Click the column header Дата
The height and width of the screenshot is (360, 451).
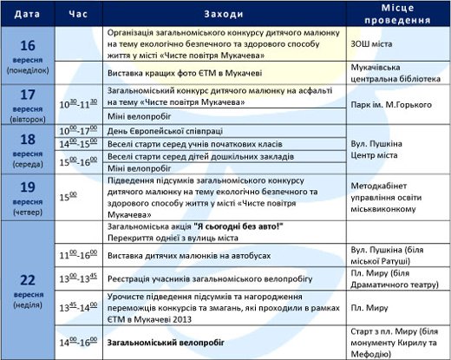26,15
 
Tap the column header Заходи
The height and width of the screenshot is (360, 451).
225,15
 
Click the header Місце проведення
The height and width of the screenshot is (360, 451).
396,15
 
